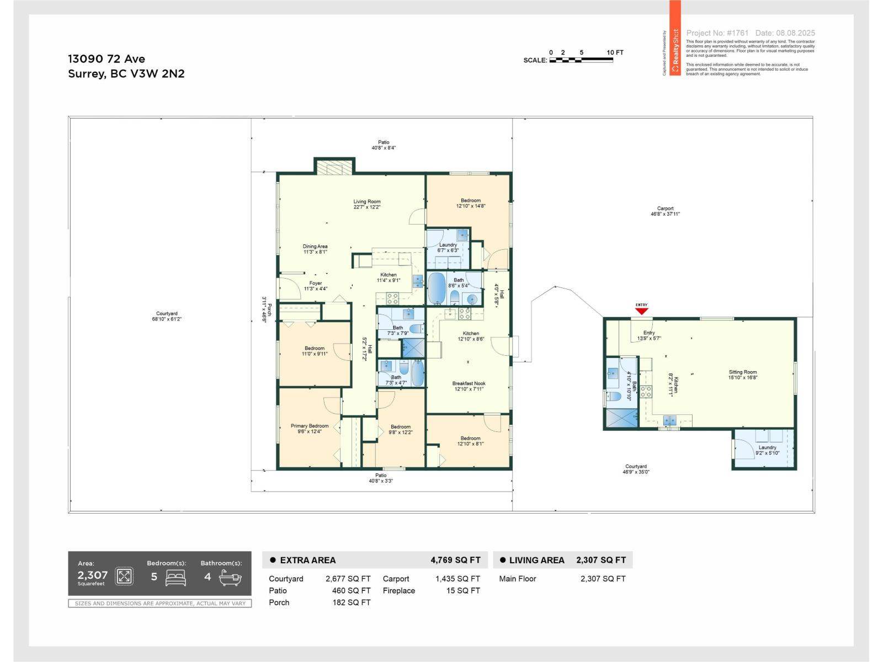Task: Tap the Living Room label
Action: (367, 204)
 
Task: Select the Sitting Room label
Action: (742, 375)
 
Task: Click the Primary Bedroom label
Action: (310, 429)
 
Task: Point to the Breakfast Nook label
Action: (469, 386)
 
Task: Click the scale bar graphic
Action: (581, 60)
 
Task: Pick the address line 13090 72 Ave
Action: (107, 59)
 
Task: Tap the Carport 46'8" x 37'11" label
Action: (665, 211)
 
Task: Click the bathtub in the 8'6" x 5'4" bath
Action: (437, 288)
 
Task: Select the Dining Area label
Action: (315, 249)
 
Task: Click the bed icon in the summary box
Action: (176, 577)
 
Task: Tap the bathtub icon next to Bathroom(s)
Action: (230, 577)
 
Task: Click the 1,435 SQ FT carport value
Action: (458, 579)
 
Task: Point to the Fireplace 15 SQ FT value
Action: (463, 591)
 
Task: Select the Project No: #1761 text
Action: (717, 33)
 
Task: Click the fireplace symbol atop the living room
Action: (334, 167)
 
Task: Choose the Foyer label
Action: (315, 286)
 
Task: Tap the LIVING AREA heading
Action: (536, 560)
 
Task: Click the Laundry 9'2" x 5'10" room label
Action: (767, 450)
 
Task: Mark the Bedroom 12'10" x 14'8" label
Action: (471, 203)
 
